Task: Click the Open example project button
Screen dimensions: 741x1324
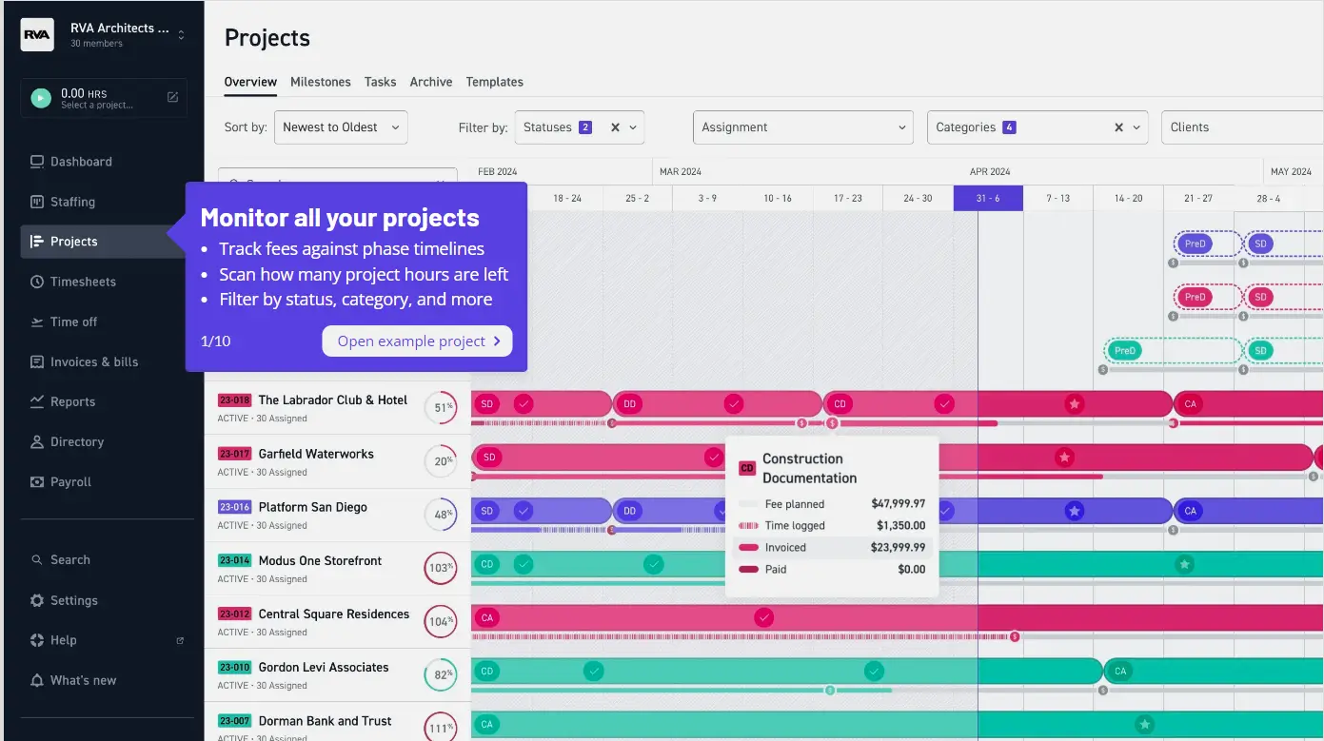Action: click(417, 341)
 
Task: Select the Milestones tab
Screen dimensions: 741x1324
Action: click(321, 82)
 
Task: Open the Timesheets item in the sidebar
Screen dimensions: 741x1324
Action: click(83, 282)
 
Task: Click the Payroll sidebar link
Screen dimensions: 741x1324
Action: click(70, 482)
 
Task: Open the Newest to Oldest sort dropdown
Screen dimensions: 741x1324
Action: click(341, 127)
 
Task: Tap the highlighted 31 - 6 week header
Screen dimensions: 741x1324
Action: click(988, 198)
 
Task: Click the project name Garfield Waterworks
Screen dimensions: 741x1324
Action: click(316, 454)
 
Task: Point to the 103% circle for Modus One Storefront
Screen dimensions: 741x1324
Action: click(441, 569)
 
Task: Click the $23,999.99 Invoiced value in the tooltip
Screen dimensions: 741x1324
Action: click(897, 547)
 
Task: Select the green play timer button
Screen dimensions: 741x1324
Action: click(40, 98)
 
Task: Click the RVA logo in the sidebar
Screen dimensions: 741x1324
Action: click(37, 34)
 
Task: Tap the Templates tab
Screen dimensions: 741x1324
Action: click(494, 82)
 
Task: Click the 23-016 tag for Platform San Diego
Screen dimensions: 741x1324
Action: click(234, 507)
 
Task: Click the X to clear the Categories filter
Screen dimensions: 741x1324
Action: click(1119, 127)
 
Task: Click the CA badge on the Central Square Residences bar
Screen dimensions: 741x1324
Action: click(487, 617)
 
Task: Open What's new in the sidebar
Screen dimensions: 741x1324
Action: click(83, 680)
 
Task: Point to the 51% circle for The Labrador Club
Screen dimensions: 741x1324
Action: click(441, 408)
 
